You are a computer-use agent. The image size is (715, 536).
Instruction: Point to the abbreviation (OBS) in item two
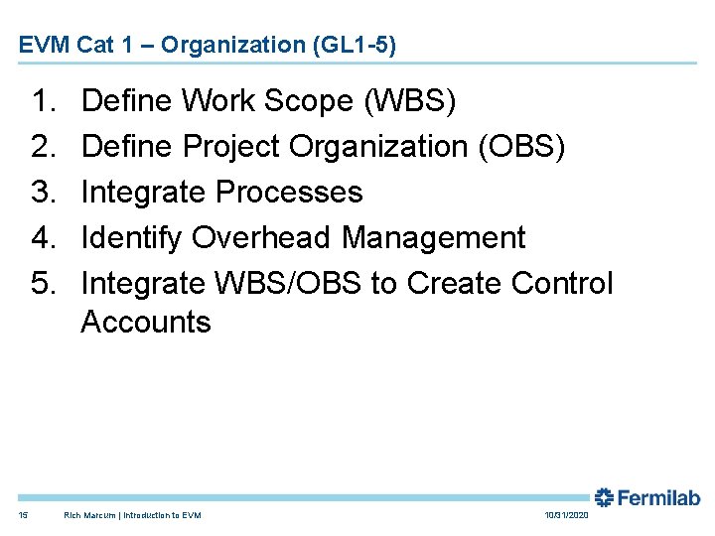point(522,146)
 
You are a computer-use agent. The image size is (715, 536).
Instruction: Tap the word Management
point(433,237)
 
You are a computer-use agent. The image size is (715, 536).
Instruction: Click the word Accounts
point(145,323)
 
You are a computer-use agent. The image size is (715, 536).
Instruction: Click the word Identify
point(131,237)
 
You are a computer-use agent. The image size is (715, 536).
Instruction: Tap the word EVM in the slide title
point(40,45)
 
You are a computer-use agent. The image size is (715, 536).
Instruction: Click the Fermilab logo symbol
point(605,497)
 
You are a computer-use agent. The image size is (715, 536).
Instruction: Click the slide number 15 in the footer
point(23,515)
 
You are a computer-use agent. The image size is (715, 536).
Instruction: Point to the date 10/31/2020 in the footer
point(566,515)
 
